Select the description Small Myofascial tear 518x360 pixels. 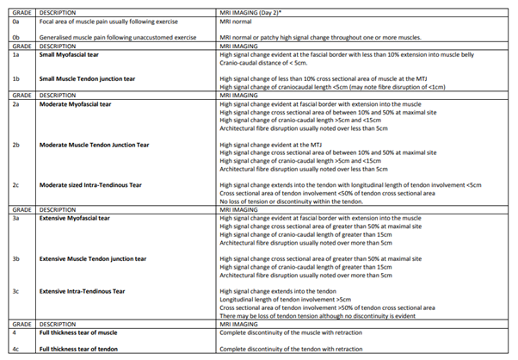pos(73,53)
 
